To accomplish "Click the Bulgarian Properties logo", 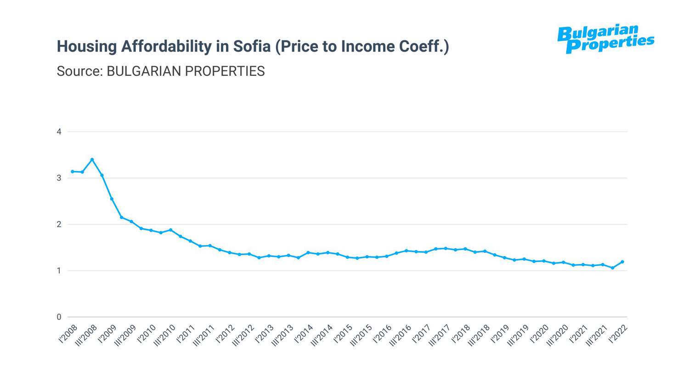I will [605, 39].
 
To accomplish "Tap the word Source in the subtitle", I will [79, 71].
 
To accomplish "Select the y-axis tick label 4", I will [59, 132].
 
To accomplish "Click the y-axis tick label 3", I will [59, 178].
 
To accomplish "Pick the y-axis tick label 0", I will [59, 317].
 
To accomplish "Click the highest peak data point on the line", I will [92, 160].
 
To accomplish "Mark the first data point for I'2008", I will [73, 171].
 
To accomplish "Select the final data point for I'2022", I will [622, 262].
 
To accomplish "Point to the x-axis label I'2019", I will [501, 334].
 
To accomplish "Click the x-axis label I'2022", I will [619, 334].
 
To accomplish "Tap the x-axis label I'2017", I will [422, 334].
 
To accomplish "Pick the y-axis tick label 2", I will [59, 224].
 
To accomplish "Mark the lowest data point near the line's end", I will [613, 268].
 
